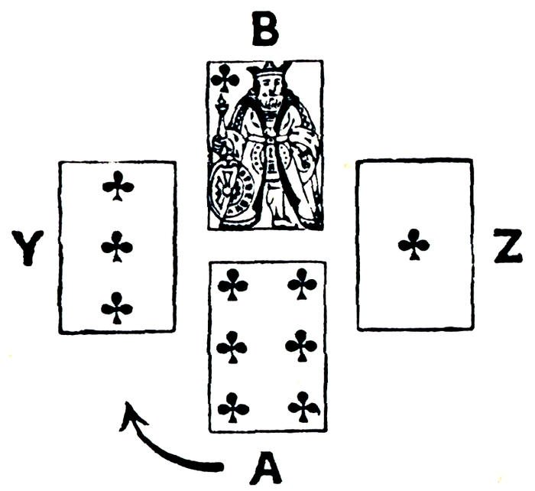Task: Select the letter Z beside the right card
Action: [x=507, y=246]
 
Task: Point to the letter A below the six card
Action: [x=264, y=467]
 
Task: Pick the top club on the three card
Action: [x=118, y=186]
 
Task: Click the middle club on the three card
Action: [x=118, y=247]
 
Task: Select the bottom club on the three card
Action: [x=117, y=307]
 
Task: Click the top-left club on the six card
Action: [x=232, y=286]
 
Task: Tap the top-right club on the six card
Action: [x=303, y=285]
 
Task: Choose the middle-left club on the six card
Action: [x=232, y=347]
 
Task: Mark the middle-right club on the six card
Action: [x=302, y=346]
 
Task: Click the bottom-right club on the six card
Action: [x=303, y=407]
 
